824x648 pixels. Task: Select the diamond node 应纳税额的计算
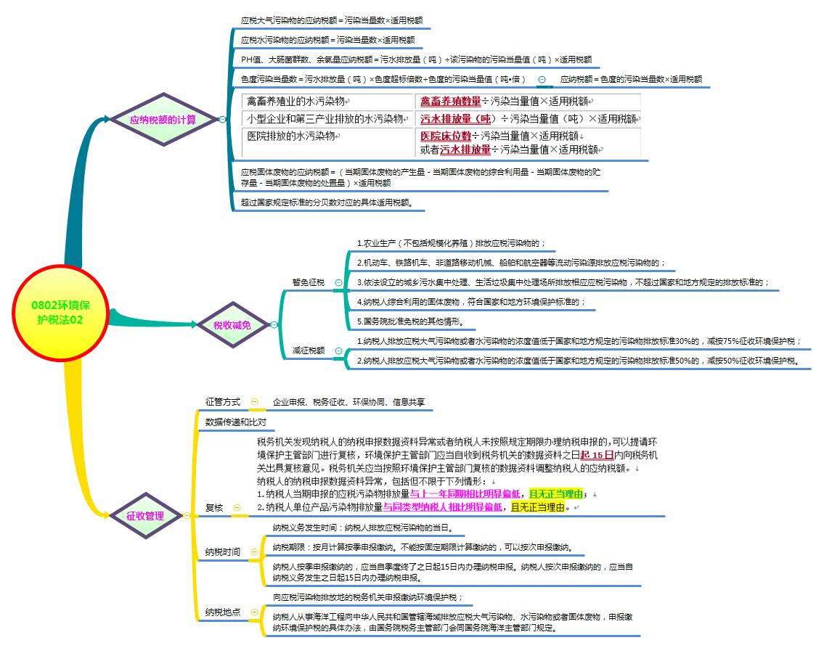pyautogui.click(x=163, y=120)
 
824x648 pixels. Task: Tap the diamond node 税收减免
pyautogui.click(x=232, y=326)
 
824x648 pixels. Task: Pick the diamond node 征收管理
pyautogui.click(x=144, y=516)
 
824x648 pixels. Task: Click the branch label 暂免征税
pyautogui.click(x=308, y=282)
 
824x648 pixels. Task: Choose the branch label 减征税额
pyautogui.click(x=308, y=350)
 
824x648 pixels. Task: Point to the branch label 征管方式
pyautogui.click(x=223, y=401)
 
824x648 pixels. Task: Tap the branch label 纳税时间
pyautogui.click(x=223, y=552)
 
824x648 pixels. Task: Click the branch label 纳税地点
pyautogui.click(x=223, y=612)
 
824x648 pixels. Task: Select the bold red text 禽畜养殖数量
pyautogui.click(x=450, y=101)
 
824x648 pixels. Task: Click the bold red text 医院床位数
pyautogui.click(x=446, y=136)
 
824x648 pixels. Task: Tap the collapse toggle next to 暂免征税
pyautogui.click(x=338, y=282)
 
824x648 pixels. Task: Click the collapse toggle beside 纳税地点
pyautogui.click(x=254, y=612)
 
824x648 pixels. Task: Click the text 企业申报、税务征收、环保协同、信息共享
pyautogui.click(x=348, y=401)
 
